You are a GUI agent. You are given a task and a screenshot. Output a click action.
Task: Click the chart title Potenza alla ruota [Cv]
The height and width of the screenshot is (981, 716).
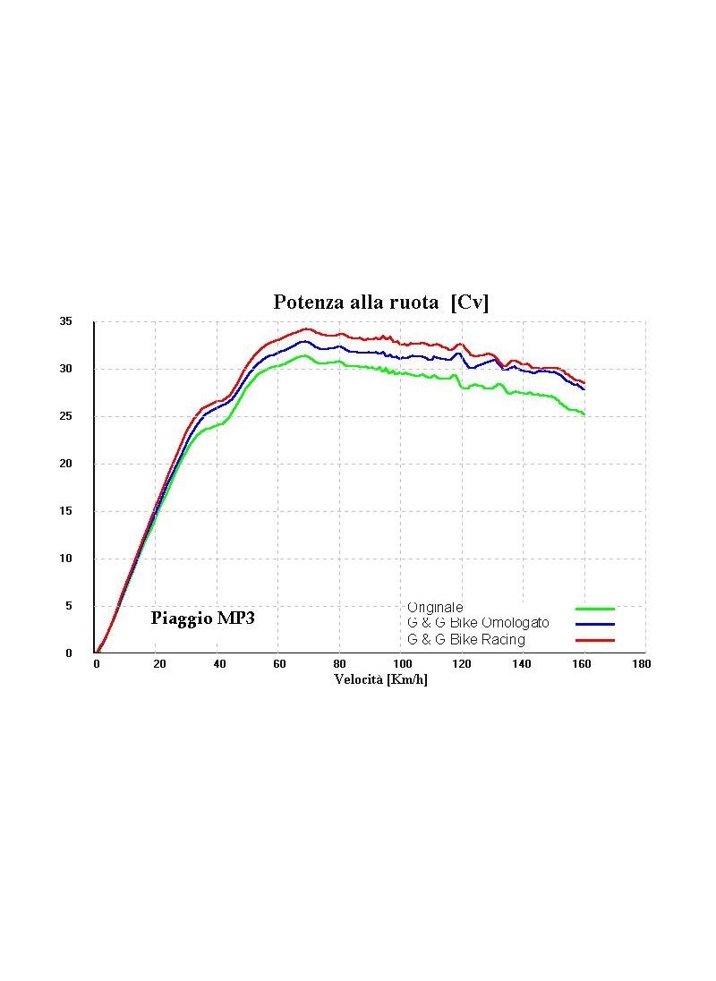(x=380, y=303)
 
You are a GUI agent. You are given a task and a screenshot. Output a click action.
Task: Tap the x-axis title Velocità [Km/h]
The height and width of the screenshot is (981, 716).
(x=381, y=679)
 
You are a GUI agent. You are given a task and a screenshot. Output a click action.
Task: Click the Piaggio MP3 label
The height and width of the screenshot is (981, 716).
(x=202, y=618)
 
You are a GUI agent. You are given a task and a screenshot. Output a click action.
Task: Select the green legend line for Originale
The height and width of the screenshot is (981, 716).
(x=594, y=609)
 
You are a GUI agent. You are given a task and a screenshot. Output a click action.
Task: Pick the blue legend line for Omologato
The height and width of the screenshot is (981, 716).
(x=594, y=624)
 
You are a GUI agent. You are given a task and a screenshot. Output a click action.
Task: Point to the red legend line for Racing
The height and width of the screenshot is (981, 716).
(x=594, y=640)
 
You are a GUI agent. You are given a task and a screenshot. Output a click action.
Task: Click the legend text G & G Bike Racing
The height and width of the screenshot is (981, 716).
(x=466, y=640)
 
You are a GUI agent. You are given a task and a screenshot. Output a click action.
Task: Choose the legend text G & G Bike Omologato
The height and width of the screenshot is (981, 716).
(x=478, y=623)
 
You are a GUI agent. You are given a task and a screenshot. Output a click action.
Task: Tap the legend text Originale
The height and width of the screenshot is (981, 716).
(x=435, y=608)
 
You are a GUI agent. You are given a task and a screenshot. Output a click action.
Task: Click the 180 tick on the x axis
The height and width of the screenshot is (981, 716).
(x=641, y=664)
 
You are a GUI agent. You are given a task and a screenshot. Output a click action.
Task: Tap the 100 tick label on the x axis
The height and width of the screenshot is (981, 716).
(x=402, y=664)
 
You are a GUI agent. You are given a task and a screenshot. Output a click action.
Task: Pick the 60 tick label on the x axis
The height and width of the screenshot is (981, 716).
(x=279, y=664)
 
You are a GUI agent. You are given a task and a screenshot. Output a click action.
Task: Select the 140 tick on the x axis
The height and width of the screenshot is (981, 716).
(x=523, y=664)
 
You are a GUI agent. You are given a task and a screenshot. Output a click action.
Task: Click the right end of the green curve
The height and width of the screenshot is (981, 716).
(x=584, y=414)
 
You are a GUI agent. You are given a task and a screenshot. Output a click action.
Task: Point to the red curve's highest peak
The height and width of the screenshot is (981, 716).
(x=306, y=328)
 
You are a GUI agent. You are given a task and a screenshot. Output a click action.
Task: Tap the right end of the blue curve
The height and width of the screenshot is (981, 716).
(x=584, y=388)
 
